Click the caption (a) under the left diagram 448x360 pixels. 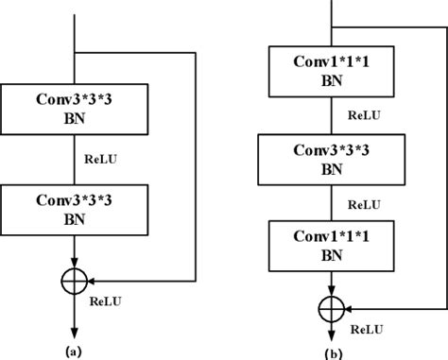[74, 350]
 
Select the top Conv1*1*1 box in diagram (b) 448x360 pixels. [330, 71]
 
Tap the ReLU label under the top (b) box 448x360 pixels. [363, 115]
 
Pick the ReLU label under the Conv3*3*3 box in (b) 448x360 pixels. [363, 202]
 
